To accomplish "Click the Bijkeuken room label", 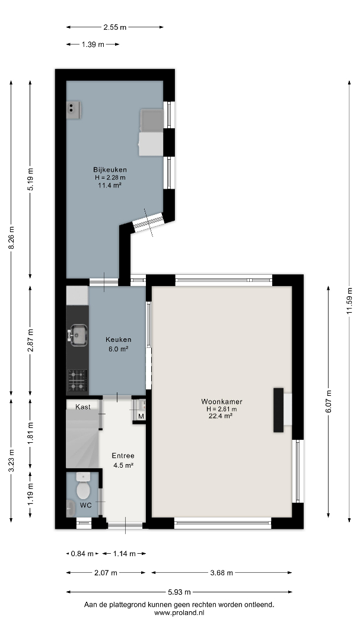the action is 110,170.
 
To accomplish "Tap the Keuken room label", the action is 119,339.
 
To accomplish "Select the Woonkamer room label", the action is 222,402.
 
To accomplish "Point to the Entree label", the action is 123,456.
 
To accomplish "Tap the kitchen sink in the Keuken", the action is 78,335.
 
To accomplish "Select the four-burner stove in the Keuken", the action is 77,380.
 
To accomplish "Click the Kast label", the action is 83,407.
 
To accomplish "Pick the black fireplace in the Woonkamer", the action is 278,410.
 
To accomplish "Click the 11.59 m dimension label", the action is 349,302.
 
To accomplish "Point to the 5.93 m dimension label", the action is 180,592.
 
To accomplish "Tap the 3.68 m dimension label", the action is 221,573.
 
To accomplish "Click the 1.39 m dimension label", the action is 93,45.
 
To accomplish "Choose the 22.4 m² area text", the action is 221,416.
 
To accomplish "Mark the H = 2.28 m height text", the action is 110,177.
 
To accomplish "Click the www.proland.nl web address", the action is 179,613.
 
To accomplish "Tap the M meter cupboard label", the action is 141,417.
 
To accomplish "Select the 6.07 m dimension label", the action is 329,402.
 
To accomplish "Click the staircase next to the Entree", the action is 82,439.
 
